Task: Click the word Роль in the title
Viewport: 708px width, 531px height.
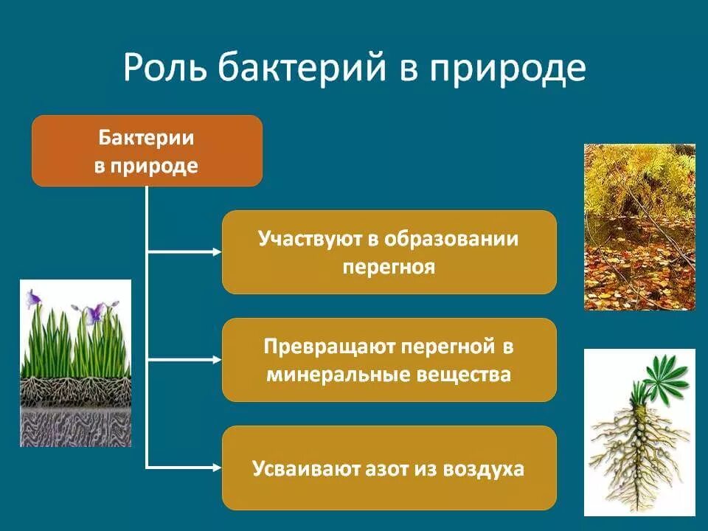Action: (x=164, y=69)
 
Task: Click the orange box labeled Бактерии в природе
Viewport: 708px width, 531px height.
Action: (x=147, y=150)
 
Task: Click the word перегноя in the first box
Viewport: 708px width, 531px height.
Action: (x=389, y=266)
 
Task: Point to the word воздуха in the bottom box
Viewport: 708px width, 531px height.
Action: (x=482, y=468)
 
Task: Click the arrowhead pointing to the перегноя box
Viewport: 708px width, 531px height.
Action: (x=216, y=252)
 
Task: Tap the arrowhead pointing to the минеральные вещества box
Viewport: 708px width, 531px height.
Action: (x=216, y=360)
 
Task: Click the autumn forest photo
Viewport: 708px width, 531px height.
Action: (x=639, y=226)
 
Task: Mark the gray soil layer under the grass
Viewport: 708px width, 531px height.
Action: (x=74, y=427)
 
